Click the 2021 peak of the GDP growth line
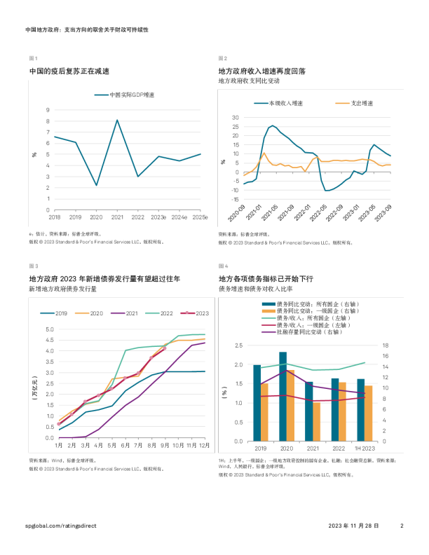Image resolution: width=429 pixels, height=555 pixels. pos(117,120)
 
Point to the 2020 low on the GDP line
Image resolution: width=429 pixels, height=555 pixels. pos(96,186)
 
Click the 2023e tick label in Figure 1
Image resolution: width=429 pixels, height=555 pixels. pos(158,218)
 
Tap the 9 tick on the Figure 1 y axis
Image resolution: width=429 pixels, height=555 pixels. pos(48,110)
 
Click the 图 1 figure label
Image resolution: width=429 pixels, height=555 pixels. pos(33,58)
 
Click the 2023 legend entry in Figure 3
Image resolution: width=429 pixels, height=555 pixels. pos(197,313)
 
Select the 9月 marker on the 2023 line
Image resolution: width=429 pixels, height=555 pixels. pos(165,347)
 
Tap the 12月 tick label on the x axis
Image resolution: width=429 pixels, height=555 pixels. pos(204,445)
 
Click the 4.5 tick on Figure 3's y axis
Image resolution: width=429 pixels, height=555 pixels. pos(49,340)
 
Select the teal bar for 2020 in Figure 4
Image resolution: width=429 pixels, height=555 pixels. pos(282,397)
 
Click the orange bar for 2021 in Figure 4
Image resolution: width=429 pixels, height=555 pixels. pos(316,422)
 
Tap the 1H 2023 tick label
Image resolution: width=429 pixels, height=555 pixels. pos(365,448)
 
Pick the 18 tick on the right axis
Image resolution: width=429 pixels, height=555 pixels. pos(383,345)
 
